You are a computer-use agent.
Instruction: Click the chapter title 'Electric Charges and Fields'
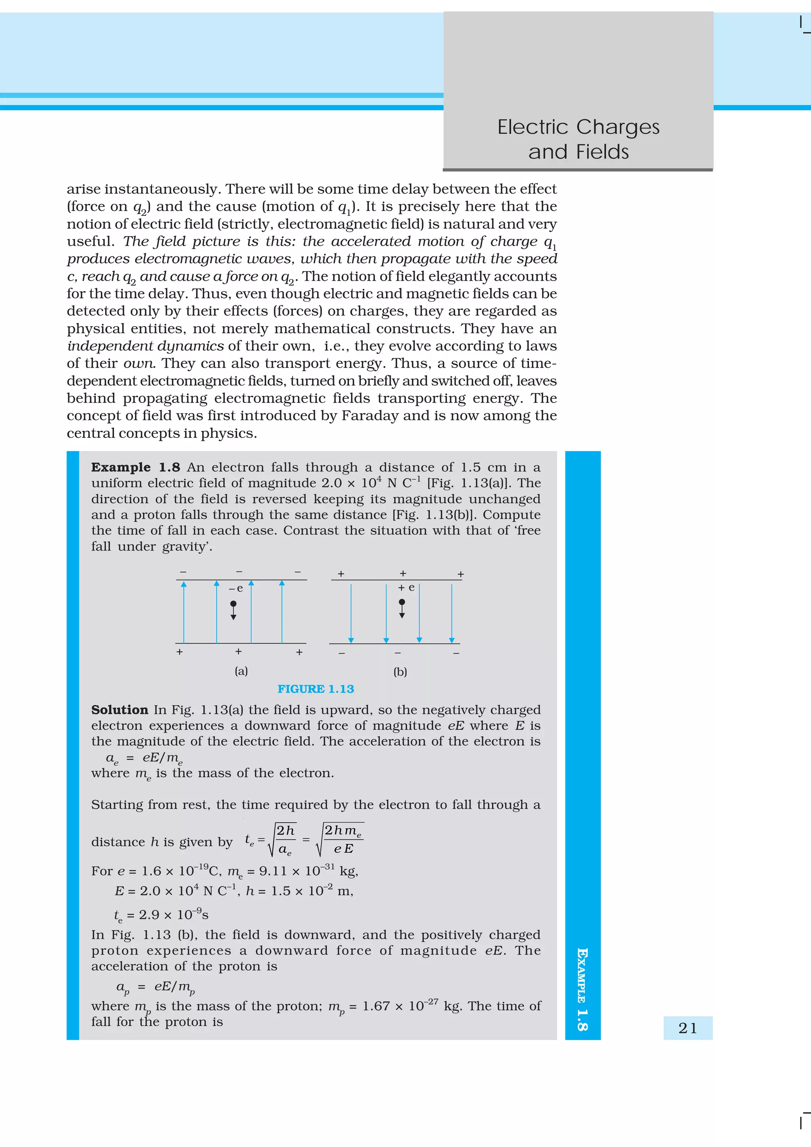pos(578,139)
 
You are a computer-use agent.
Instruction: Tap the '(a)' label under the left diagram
pos(241,671)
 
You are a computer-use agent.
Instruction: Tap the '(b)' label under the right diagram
pos(400,671)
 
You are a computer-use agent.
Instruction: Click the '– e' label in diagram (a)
pos(236,589)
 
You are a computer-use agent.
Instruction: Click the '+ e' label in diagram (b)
pos(406,587)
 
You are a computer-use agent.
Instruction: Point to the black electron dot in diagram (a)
pos(233,604)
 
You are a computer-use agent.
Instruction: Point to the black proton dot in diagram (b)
pos(402,602)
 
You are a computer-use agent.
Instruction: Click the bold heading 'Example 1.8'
pos(135,467)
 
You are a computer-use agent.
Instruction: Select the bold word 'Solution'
pos(120,709)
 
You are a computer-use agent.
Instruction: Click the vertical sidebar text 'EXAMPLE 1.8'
pos(582,989)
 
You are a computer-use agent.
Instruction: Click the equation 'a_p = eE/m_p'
pos(155,987)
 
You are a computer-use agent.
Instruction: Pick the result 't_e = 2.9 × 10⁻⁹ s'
pos(161,915)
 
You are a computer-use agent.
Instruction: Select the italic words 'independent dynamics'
pos(145,346)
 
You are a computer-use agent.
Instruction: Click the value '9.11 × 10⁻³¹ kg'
pos(308,871)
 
